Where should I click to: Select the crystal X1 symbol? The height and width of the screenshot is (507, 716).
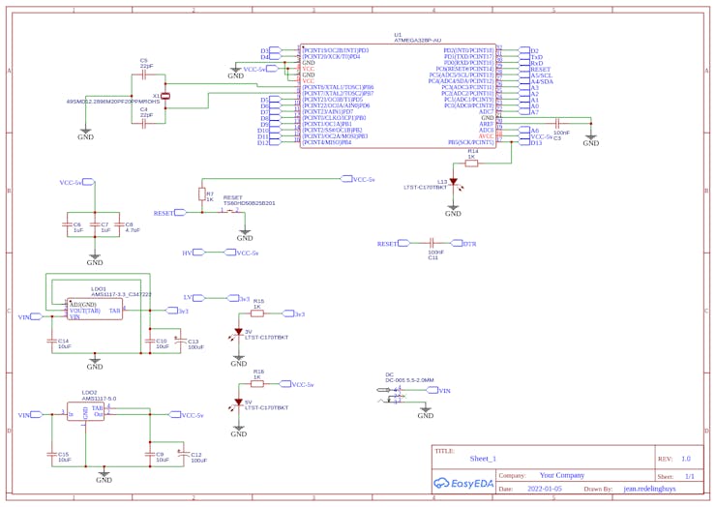tap(165, 96)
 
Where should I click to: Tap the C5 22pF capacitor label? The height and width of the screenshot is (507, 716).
tap(145, 63)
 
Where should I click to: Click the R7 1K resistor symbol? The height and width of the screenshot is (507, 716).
tap(202, 194)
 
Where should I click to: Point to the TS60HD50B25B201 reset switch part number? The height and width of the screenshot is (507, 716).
tap(250, 203)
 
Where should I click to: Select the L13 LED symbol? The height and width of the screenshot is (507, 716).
tap(453, 182)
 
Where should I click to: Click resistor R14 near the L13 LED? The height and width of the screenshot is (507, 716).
tap(472, 164)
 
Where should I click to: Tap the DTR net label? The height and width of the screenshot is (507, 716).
tap(470, 244)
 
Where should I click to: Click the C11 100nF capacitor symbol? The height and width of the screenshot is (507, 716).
tap(433, 244)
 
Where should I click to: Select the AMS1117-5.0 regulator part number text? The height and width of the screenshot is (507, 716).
tap(99, 398)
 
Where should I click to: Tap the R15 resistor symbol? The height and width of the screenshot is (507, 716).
tap(257, 313)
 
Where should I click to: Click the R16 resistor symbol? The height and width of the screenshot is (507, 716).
tap(258, 384)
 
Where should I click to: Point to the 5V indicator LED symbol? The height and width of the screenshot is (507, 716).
tap(238, 403)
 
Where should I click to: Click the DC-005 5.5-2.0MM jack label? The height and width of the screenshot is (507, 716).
tap(409, 380)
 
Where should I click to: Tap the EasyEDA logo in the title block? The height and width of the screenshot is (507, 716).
tap(463, 482)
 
